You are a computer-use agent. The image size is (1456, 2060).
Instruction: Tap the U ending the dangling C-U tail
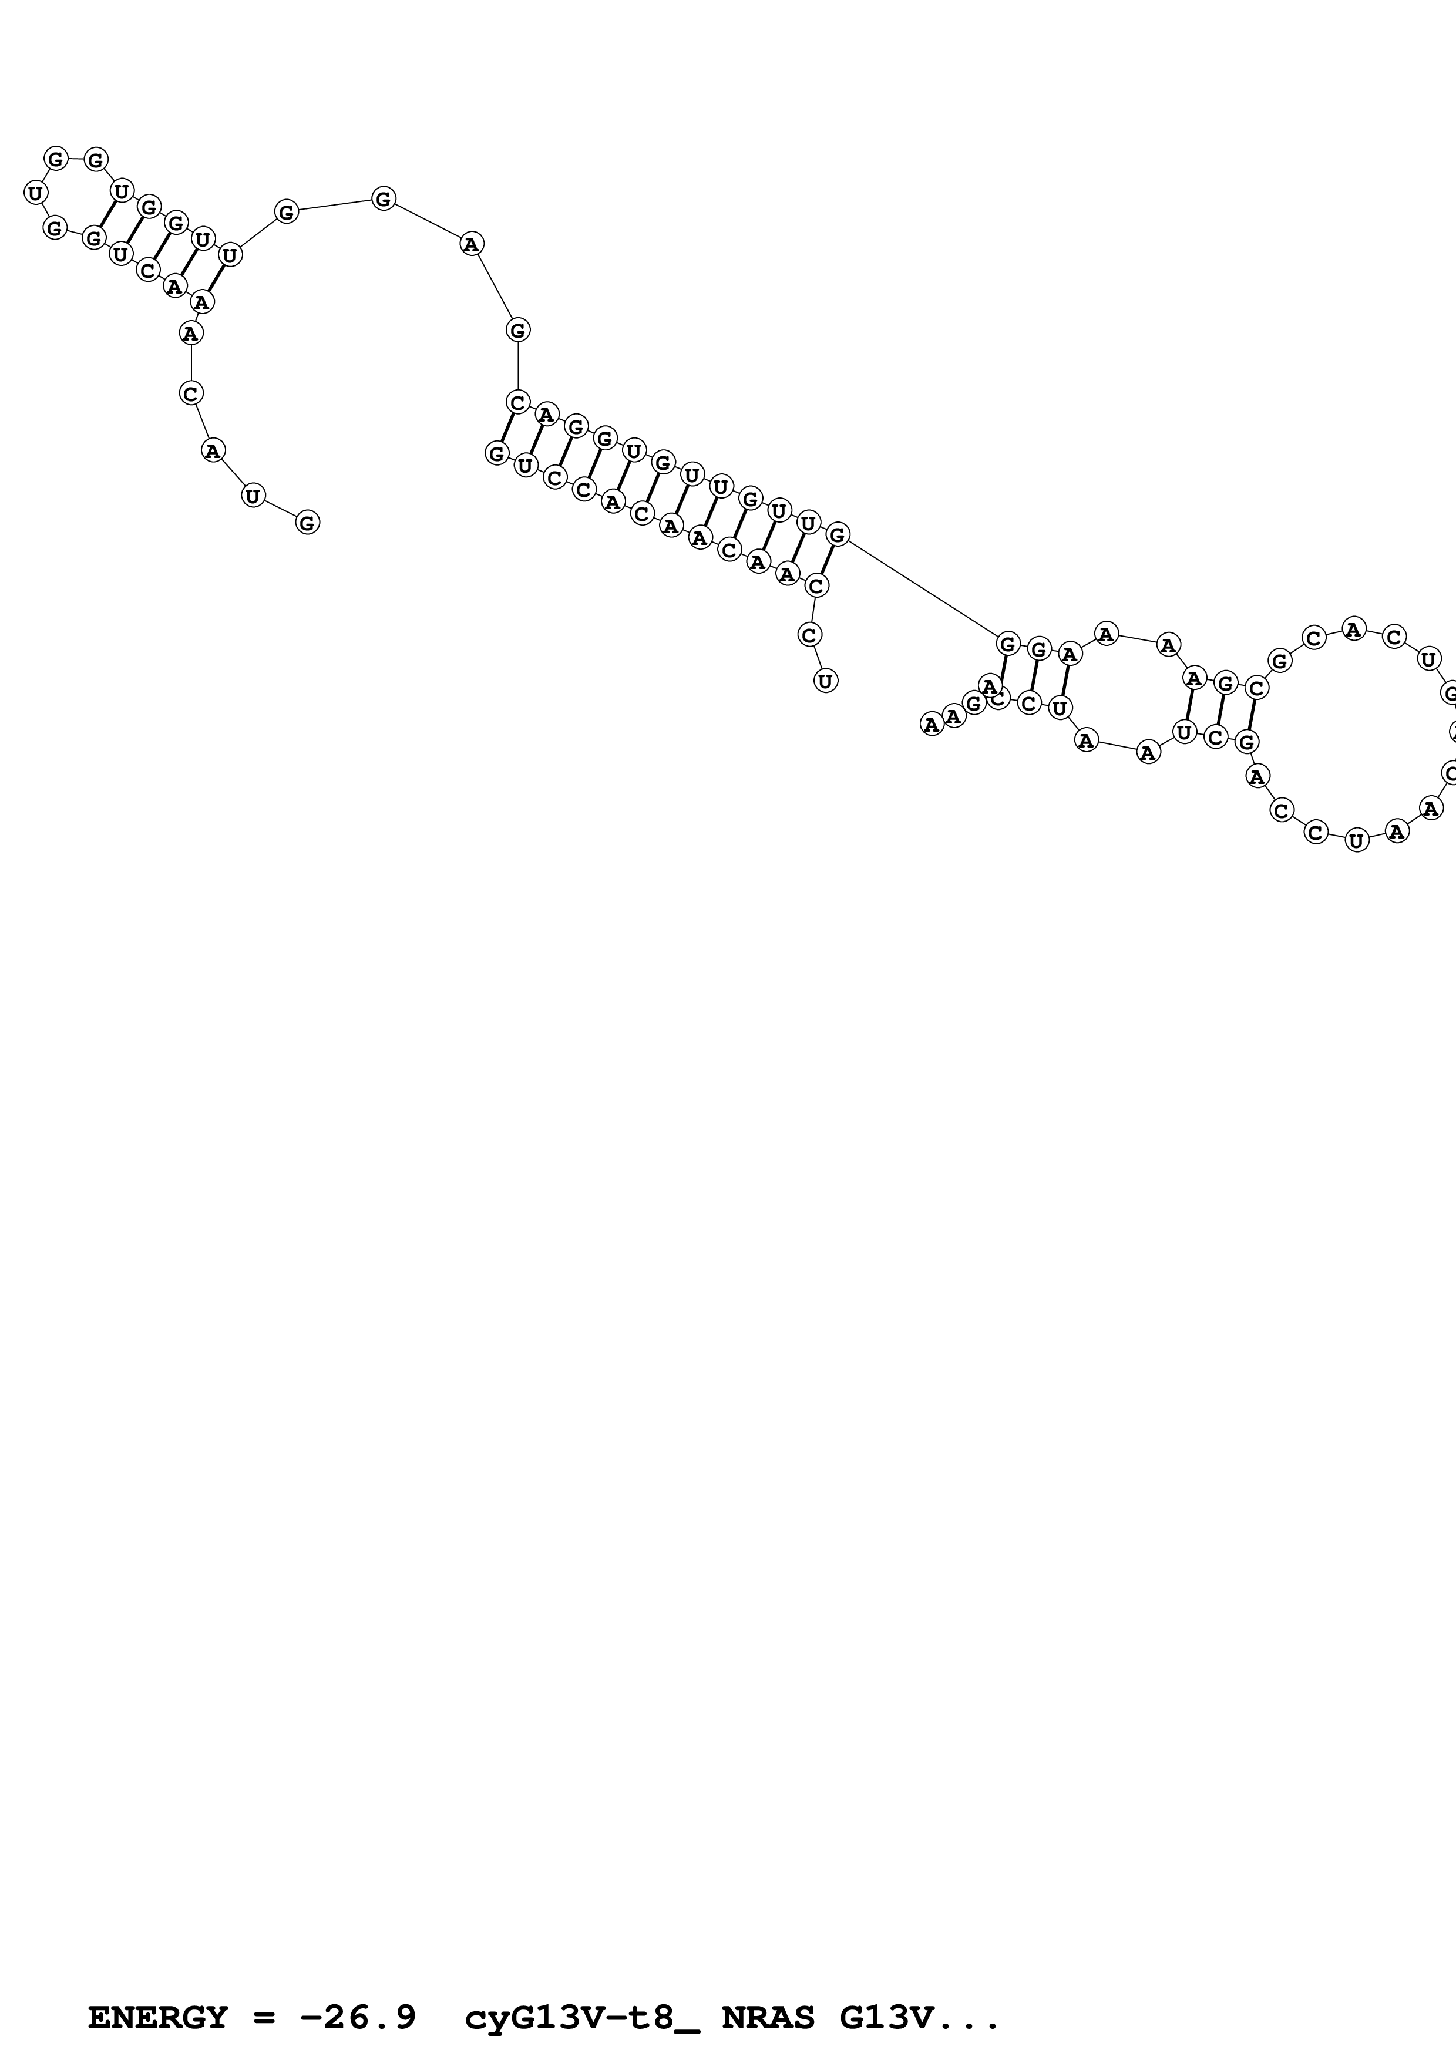(x=825, y=681)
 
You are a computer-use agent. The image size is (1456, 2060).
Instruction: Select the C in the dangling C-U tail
(x=809, y=634)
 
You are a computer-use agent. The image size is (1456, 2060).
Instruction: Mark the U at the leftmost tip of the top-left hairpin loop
(x=35, y=192)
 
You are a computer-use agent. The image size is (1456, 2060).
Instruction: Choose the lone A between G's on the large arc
(x=472, y=243)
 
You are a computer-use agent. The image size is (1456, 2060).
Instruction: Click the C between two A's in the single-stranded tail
(x=191, y=393)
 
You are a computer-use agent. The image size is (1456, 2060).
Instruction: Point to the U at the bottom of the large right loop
(x=1356, y=841)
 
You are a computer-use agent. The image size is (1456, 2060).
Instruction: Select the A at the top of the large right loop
(x=1354, y=630)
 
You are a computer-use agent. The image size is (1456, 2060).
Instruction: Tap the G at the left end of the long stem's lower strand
(x=497, y=453)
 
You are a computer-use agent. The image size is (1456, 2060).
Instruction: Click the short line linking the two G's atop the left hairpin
(x=75, y=160)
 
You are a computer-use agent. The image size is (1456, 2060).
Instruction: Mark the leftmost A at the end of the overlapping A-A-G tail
(x=932, y=723)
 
